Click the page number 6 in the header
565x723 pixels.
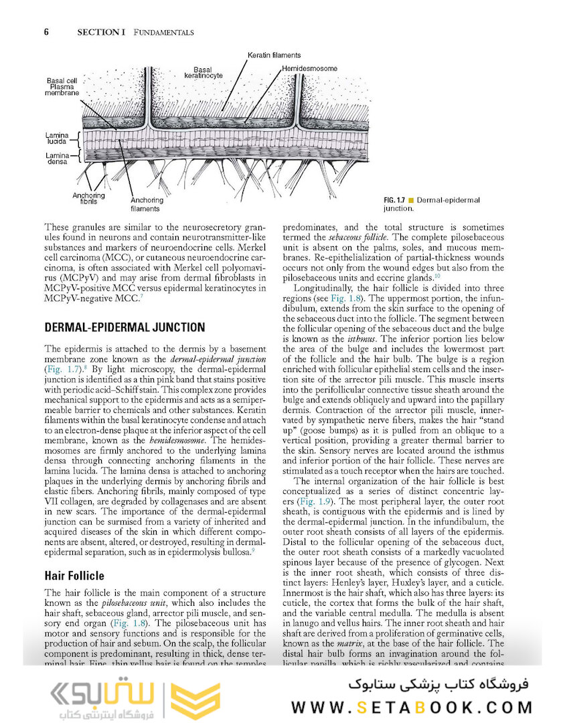[47, 31]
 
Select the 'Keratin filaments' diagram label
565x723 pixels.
[274, 55]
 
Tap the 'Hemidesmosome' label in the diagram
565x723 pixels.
[309, 68]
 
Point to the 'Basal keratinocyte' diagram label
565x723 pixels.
[202, 72]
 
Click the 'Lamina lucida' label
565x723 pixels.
[58, 139]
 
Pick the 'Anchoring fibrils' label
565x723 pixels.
[88, 197]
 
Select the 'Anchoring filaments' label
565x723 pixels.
[146, 204]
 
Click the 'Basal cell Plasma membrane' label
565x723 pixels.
[62, 86]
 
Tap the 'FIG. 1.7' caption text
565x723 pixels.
[396, 200]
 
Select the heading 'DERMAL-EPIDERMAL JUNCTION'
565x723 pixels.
[125, 327]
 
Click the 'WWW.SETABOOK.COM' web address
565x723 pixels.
[412, 707]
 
